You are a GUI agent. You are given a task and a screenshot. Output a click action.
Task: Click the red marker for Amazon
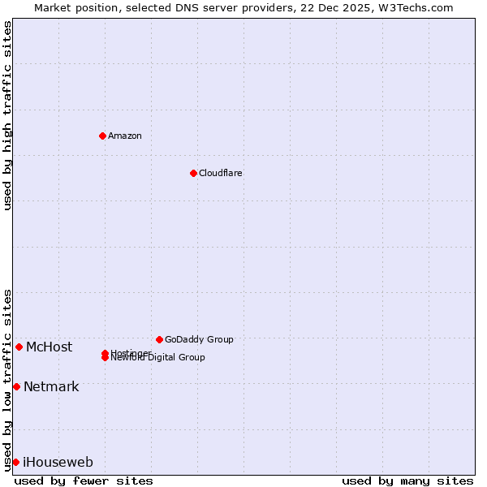point(102,136)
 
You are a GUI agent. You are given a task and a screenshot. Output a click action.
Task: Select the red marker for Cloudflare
point(193,173)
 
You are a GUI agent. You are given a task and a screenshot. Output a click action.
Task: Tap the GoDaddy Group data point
point(159,339)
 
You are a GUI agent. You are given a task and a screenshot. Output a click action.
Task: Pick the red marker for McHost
point(19,347)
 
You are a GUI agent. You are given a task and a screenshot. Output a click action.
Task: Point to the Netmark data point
point(16,386)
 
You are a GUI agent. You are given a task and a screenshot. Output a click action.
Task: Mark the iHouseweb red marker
point(15,462)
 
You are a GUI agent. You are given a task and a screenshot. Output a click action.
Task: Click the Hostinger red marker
point(105,353)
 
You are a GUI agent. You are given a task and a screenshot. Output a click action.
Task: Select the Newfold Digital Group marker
point(105,358)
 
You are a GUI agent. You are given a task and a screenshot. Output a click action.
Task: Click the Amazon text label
point(125,136)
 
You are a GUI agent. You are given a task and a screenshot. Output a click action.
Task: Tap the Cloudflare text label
point(221,173)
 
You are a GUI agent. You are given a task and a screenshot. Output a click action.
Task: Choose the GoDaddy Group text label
point(199,339)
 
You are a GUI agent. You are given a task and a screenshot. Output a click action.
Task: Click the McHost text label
point(49,347)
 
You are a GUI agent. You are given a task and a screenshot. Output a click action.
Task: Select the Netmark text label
point(51,386)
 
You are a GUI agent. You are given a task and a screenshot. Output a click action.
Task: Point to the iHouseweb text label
point(58,463)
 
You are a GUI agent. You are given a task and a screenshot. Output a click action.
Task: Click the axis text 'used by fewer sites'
point(84,481)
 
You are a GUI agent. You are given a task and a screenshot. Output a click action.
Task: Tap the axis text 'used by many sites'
point(407,481)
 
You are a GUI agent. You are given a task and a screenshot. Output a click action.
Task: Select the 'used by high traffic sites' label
point(7,115)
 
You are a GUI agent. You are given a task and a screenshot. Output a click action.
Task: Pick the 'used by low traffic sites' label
point(7,379)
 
